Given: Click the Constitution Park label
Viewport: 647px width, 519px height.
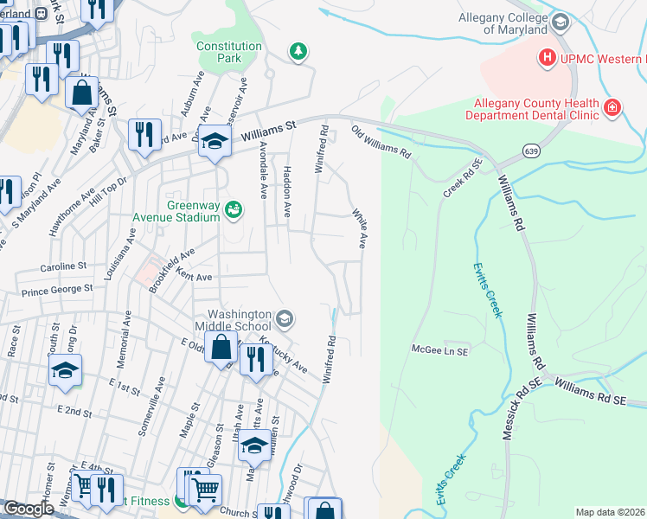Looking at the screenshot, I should coord(228,53).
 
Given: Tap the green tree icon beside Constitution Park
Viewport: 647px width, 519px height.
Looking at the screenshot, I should coord(298,53).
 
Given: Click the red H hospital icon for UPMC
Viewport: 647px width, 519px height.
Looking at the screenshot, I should coord(547,59).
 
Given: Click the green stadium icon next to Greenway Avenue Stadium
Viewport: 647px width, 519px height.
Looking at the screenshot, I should coord(233,210).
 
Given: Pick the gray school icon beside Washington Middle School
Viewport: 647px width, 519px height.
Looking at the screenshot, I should coord(283,321).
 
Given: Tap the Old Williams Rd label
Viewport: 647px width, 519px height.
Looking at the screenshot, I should coord(380,142).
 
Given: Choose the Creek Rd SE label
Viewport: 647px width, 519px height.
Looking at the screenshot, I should coord(463,177).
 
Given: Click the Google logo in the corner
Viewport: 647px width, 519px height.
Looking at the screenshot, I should coord(29,509).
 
